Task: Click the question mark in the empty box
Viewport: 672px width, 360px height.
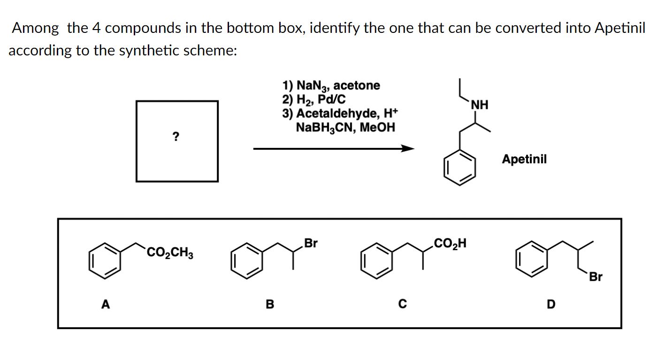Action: pyautogui.click(x=176, y=137)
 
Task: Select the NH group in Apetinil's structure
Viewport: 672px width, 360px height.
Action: pyautogui.click(x=480, y=105)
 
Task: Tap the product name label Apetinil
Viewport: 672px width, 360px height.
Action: pyautogui.click(x=524, y=159)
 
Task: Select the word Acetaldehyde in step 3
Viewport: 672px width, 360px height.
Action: pyautogui.click(x=340, y=114)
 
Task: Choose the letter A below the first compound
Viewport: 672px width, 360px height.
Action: pyautogui.click(x=106, y=305)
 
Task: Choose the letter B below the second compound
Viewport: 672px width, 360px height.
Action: pyautogui.click(x=269, y=305)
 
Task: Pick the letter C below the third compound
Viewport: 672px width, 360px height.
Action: pyautogui.click(x=402, y=305)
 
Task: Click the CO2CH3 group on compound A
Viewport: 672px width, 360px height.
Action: pyautogui.click(x=170, y=254)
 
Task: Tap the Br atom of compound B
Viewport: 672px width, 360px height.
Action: pyautogui.click(x=311, y=243)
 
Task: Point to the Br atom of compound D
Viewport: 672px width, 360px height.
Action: pyautogui.click(x=595, y=277)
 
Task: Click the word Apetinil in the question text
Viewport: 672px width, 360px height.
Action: pyautogui.click(x=619, y=28)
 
